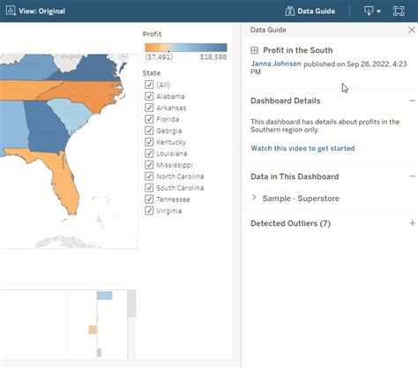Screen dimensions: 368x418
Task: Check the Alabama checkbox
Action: tap(149, 96)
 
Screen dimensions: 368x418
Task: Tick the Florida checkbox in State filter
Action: tap(149, 119)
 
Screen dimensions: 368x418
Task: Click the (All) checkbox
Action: tap(149, 85)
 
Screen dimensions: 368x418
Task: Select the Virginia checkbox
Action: tap(149, 211)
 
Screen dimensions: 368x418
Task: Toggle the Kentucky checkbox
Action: tap(149, 142)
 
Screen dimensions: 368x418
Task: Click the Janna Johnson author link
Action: tap(276, 64)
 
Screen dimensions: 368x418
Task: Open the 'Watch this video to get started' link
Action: tap(302, 148)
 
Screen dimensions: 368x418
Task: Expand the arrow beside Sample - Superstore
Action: tap(255, 198)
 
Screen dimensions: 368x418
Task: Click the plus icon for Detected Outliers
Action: tap(412, 223)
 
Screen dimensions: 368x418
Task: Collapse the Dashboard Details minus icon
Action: tap(412, 101)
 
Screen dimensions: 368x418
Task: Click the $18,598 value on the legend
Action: tap(213, 56)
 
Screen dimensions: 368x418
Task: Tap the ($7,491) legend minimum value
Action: tap(160, 56)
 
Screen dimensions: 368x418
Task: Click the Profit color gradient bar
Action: tap(185, 47)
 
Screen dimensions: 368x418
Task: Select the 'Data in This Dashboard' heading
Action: tap(295, 176)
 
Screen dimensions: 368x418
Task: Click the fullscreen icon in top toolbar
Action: tap(398, 11)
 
